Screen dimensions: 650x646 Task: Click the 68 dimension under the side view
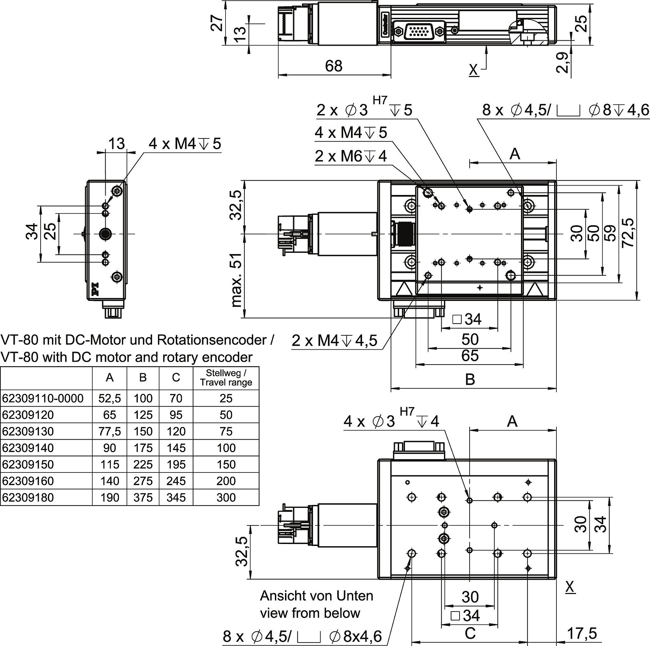(x=334, y=66)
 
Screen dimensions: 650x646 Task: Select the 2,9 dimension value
(x=562, y=63)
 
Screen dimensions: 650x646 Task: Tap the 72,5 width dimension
(x=628, y=233)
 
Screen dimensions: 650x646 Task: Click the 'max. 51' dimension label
(x=237, y=279)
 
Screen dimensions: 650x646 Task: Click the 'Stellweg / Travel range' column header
(x=226, y=378)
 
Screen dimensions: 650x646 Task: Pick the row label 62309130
(x=28, y=431)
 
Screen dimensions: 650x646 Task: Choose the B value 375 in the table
(x=143, y=497)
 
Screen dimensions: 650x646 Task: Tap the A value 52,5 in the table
(x=110, y=398)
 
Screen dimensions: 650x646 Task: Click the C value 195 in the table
(x=176, y=464)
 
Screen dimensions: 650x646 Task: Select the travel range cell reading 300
(x=226, y=497)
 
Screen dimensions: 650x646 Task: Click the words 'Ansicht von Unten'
(x=317, y=596)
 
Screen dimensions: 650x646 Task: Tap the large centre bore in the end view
(x=106, y=234)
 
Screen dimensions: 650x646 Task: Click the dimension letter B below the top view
(x=470, y=379)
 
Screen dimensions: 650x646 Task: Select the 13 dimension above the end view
(x=116, y=144)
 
